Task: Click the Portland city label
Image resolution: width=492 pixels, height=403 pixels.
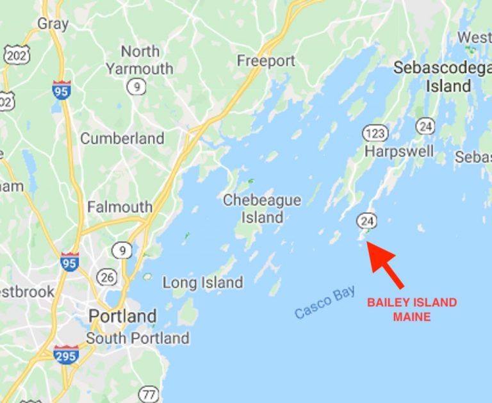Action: click(122, 316)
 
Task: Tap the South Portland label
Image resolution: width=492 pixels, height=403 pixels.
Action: click(138, 338)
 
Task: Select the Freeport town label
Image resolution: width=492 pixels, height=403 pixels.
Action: click(266, 61)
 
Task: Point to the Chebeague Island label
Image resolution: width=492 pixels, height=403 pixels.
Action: click(261, 209)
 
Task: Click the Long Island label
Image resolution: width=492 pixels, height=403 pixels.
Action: click(202, 282)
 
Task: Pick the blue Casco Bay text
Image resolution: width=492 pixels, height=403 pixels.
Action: click(325, 302)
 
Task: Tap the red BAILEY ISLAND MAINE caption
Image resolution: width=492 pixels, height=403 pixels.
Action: click(411, 309)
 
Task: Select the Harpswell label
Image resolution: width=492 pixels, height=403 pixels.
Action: click(398, 151)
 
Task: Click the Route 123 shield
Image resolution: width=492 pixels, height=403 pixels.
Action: click(374, 133)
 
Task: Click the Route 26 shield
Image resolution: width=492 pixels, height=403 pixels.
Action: click(108, 277)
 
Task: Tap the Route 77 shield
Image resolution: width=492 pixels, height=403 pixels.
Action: click(150, 394)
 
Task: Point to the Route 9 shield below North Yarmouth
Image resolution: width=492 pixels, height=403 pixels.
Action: click(136, 87)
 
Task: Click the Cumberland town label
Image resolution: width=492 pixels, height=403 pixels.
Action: click(122, 138)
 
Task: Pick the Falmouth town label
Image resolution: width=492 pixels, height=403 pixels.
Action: click(120, 207)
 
